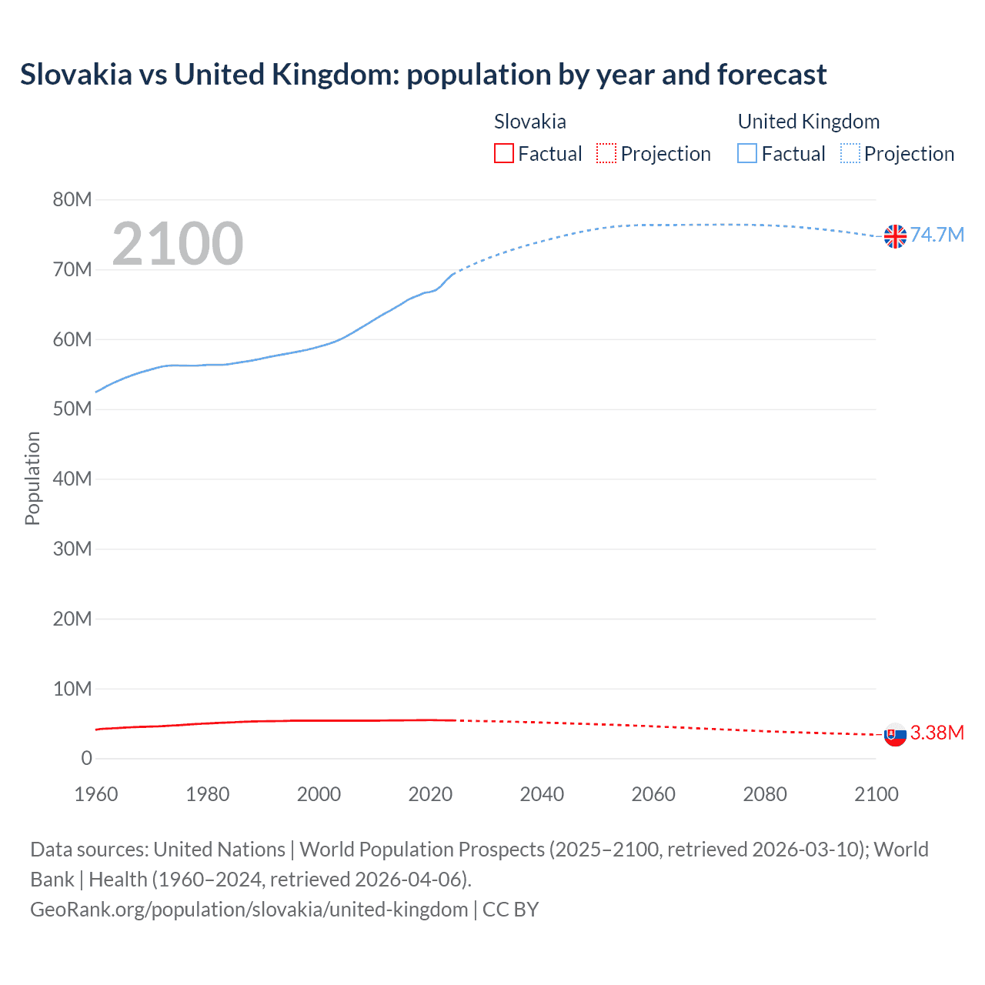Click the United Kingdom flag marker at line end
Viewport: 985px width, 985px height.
pos(895,236)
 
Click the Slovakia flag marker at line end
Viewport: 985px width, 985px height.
pos(895,735)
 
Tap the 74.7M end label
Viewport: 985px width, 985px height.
pos(937,235)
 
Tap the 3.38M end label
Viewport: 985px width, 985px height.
pos(937,733)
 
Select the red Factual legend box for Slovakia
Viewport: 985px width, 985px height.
pos(503,154)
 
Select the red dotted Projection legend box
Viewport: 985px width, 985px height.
pos(606,154)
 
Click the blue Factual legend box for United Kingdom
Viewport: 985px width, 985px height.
pos(747,154)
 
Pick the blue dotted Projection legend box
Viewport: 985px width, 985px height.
pos(850,154)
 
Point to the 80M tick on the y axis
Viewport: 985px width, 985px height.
pos(72,200)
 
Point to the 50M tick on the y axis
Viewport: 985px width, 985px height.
pos(72,409)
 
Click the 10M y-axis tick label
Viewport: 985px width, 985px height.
pos(72,689)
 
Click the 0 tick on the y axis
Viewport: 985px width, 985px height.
pos(86,759)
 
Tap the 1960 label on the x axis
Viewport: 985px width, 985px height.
pos(96,794)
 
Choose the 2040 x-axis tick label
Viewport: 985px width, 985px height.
pos(542,794)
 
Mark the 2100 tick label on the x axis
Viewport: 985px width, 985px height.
pos(876,794)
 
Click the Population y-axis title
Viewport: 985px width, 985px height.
pos(32,478)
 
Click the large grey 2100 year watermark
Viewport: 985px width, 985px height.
pos(178,244)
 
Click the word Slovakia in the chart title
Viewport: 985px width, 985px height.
pos(76,75)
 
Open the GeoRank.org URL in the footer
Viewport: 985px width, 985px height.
pos(249,910)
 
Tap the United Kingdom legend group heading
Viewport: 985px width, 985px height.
pos(808,122)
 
